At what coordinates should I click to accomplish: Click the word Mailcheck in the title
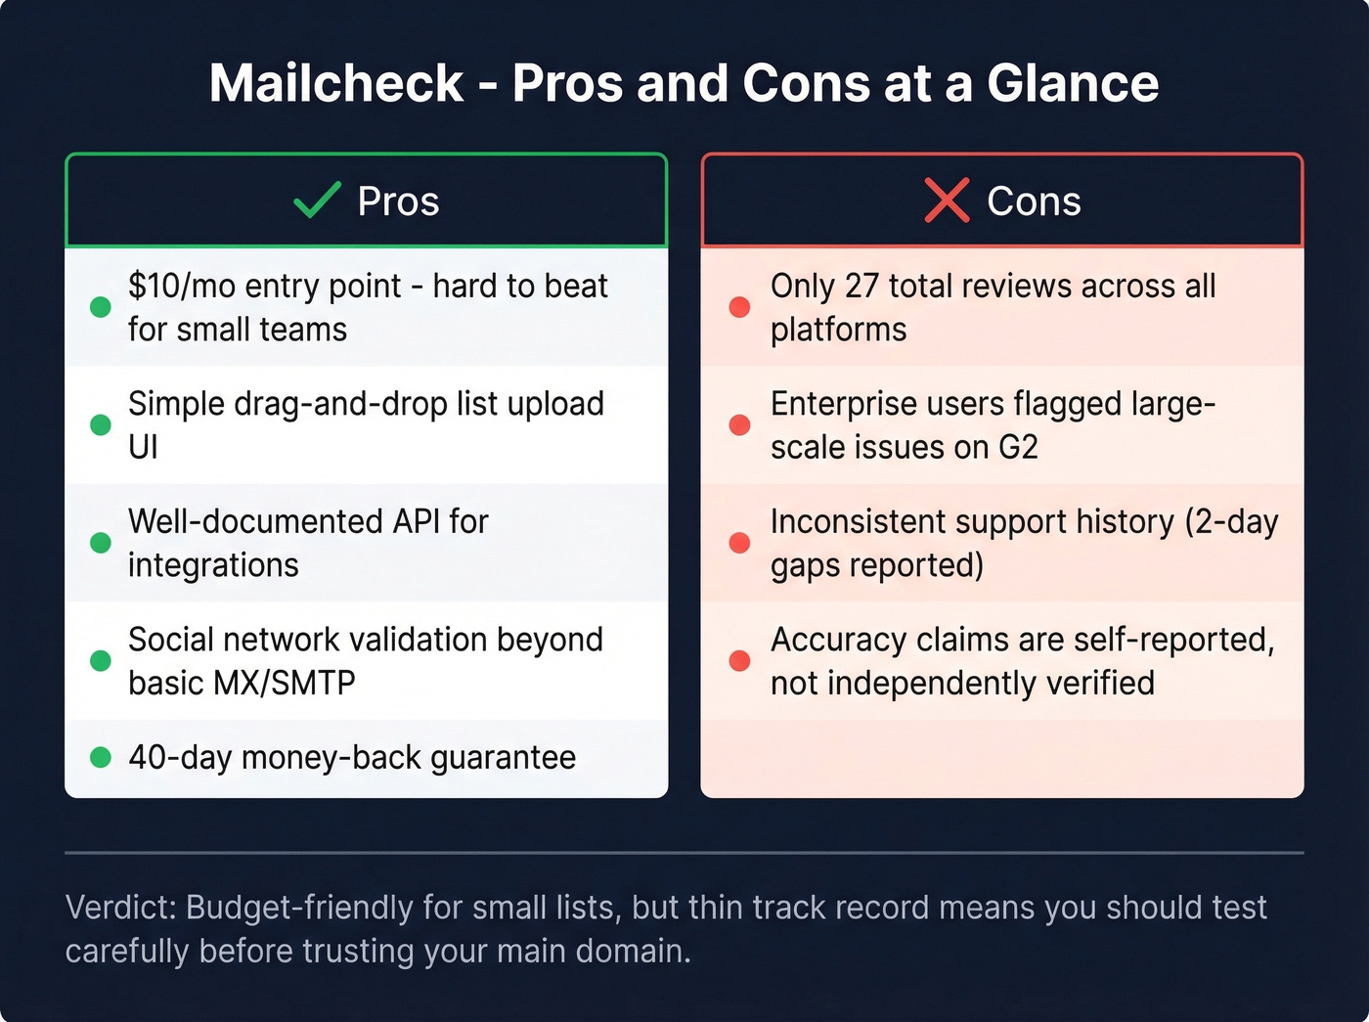point(335,83)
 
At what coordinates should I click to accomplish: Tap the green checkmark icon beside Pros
point(317,200)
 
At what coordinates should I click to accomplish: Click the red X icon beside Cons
point(946,200)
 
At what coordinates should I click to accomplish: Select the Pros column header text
point(398,201)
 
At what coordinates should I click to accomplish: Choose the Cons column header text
point(1034,201)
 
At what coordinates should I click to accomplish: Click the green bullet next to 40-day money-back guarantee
point(100,758)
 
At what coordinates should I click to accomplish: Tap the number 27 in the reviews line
point(861,286)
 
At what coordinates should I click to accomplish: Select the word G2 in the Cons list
point(1017,447)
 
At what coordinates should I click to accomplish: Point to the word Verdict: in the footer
point(120,908)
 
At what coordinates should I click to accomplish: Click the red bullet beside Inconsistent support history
point(739,543)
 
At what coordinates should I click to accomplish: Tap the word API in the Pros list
point(416,521)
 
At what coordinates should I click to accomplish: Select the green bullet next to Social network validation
point(100,661)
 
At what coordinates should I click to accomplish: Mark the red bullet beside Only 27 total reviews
point(739,307)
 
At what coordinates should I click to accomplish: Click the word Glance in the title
point(1073,83)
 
